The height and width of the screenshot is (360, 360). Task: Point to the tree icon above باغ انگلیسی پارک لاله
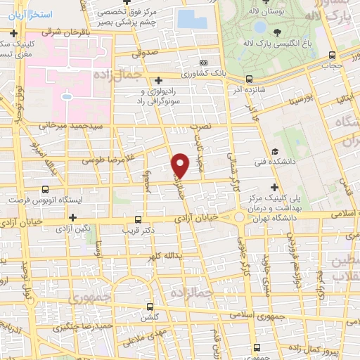(x=279, y=32)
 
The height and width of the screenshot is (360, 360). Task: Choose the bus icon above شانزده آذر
(x=247, y=79)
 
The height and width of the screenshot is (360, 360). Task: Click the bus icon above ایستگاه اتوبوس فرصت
(x=46, y=189)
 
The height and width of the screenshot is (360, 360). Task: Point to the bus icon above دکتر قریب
(x=138, y=218)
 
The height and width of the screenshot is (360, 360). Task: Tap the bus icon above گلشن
(x=149, y=307)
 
